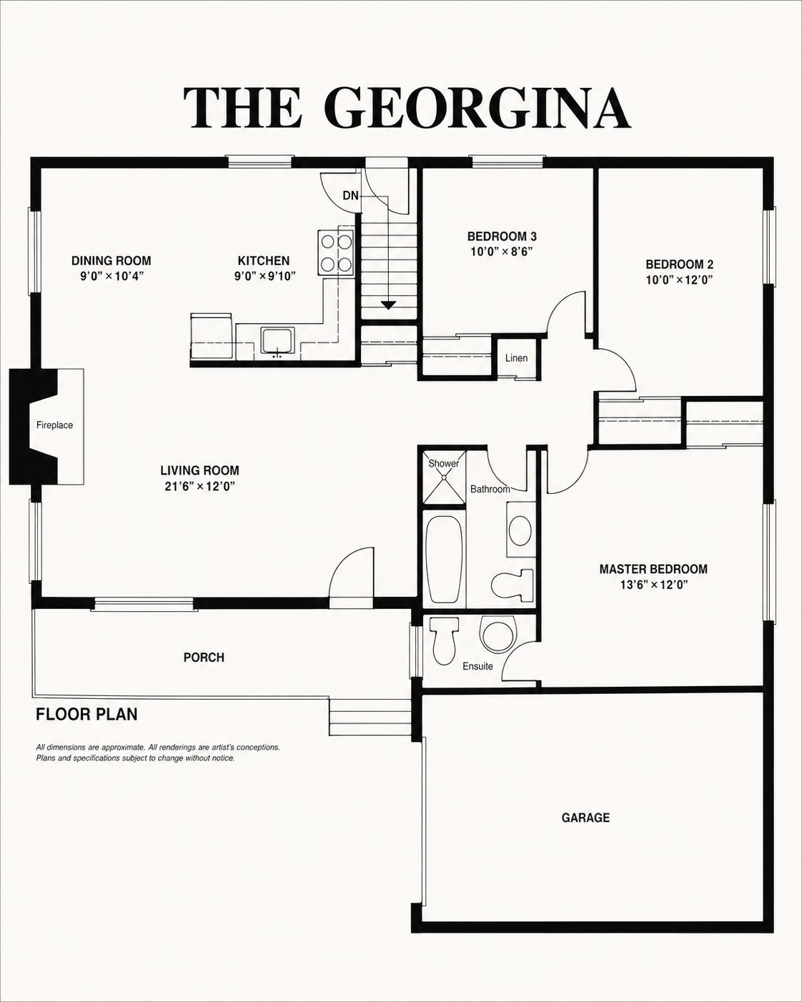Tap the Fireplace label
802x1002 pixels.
click(x=54, y=425)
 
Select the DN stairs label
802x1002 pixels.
click(x=351, y=196)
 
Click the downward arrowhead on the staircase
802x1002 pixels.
click(x=388, y=305)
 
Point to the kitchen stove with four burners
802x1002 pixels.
click(x=335, y=252)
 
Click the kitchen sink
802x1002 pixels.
click(x=277, y=340)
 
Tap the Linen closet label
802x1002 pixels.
click(x=517, y=358)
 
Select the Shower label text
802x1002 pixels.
click(x=443, y=464)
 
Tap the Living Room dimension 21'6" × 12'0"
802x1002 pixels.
click(x=199, y=487)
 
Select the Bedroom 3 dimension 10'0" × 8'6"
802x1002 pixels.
click(x=502, y=252)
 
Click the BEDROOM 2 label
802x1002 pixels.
click(x=679, y=264)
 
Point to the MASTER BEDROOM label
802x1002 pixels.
click(x=653, y=569)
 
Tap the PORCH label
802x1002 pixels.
click(x=204, y=658)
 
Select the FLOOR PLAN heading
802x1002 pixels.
click(x=86, y=714)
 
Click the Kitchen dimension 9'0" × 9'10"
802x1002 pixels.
click(x=265, y=276)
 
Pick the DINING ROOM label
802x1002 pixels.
click(x=112, y=261)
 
